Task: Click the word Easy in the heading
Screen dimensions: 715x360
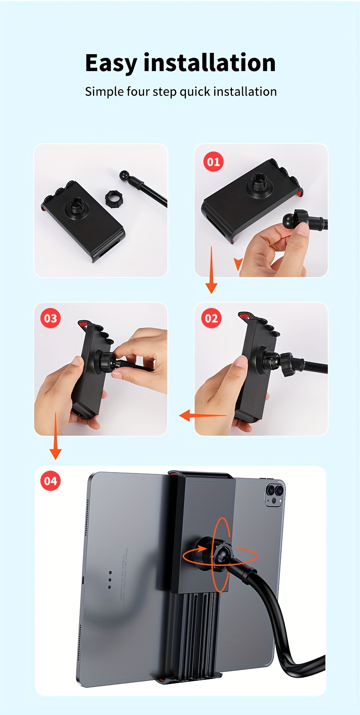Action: (111, 63)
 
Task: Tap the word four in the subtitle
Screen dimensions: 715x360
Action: (138, 92)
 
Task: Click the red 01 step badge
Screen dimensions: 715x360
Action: (213, 162)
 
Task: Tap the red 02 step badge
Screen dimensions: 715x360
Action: (211, 318)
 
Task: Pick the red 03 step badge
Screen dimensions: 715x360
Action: (51, 318)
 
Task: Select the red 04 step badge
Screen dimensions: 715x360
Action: (51, 481)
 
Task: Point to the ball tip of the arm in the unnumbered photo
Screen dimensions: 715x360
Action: (124, 175)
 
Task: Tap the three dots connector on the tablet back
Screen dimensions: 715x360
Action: (110, 579)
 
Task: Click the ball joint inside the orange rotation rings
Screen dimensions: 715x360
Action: (221, 555)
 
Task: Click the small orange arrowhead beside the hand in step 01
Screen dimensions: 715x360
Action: (237, 263)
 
